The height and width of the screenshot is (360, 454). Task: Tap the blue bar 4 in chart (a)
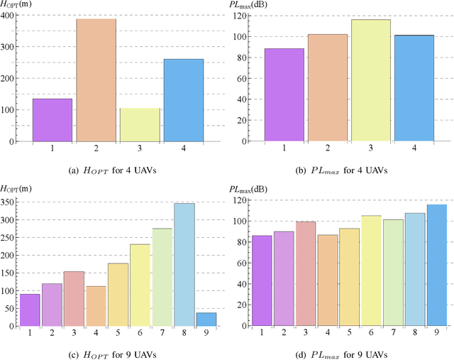coord(184,100)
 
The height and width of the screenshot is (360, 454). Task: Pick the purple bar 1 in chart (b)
coord(284,95)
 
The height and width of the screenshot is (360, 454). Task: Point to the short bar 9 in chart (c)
coord(206,320)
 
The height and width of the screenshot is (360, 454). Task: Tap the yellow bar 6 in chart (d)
coord(370,271)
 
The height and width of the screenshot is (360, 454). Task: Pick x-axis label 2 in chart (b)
coord(327,148)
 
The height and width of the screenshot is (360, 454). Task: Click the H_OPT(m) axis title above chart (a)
coord(20,5)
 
